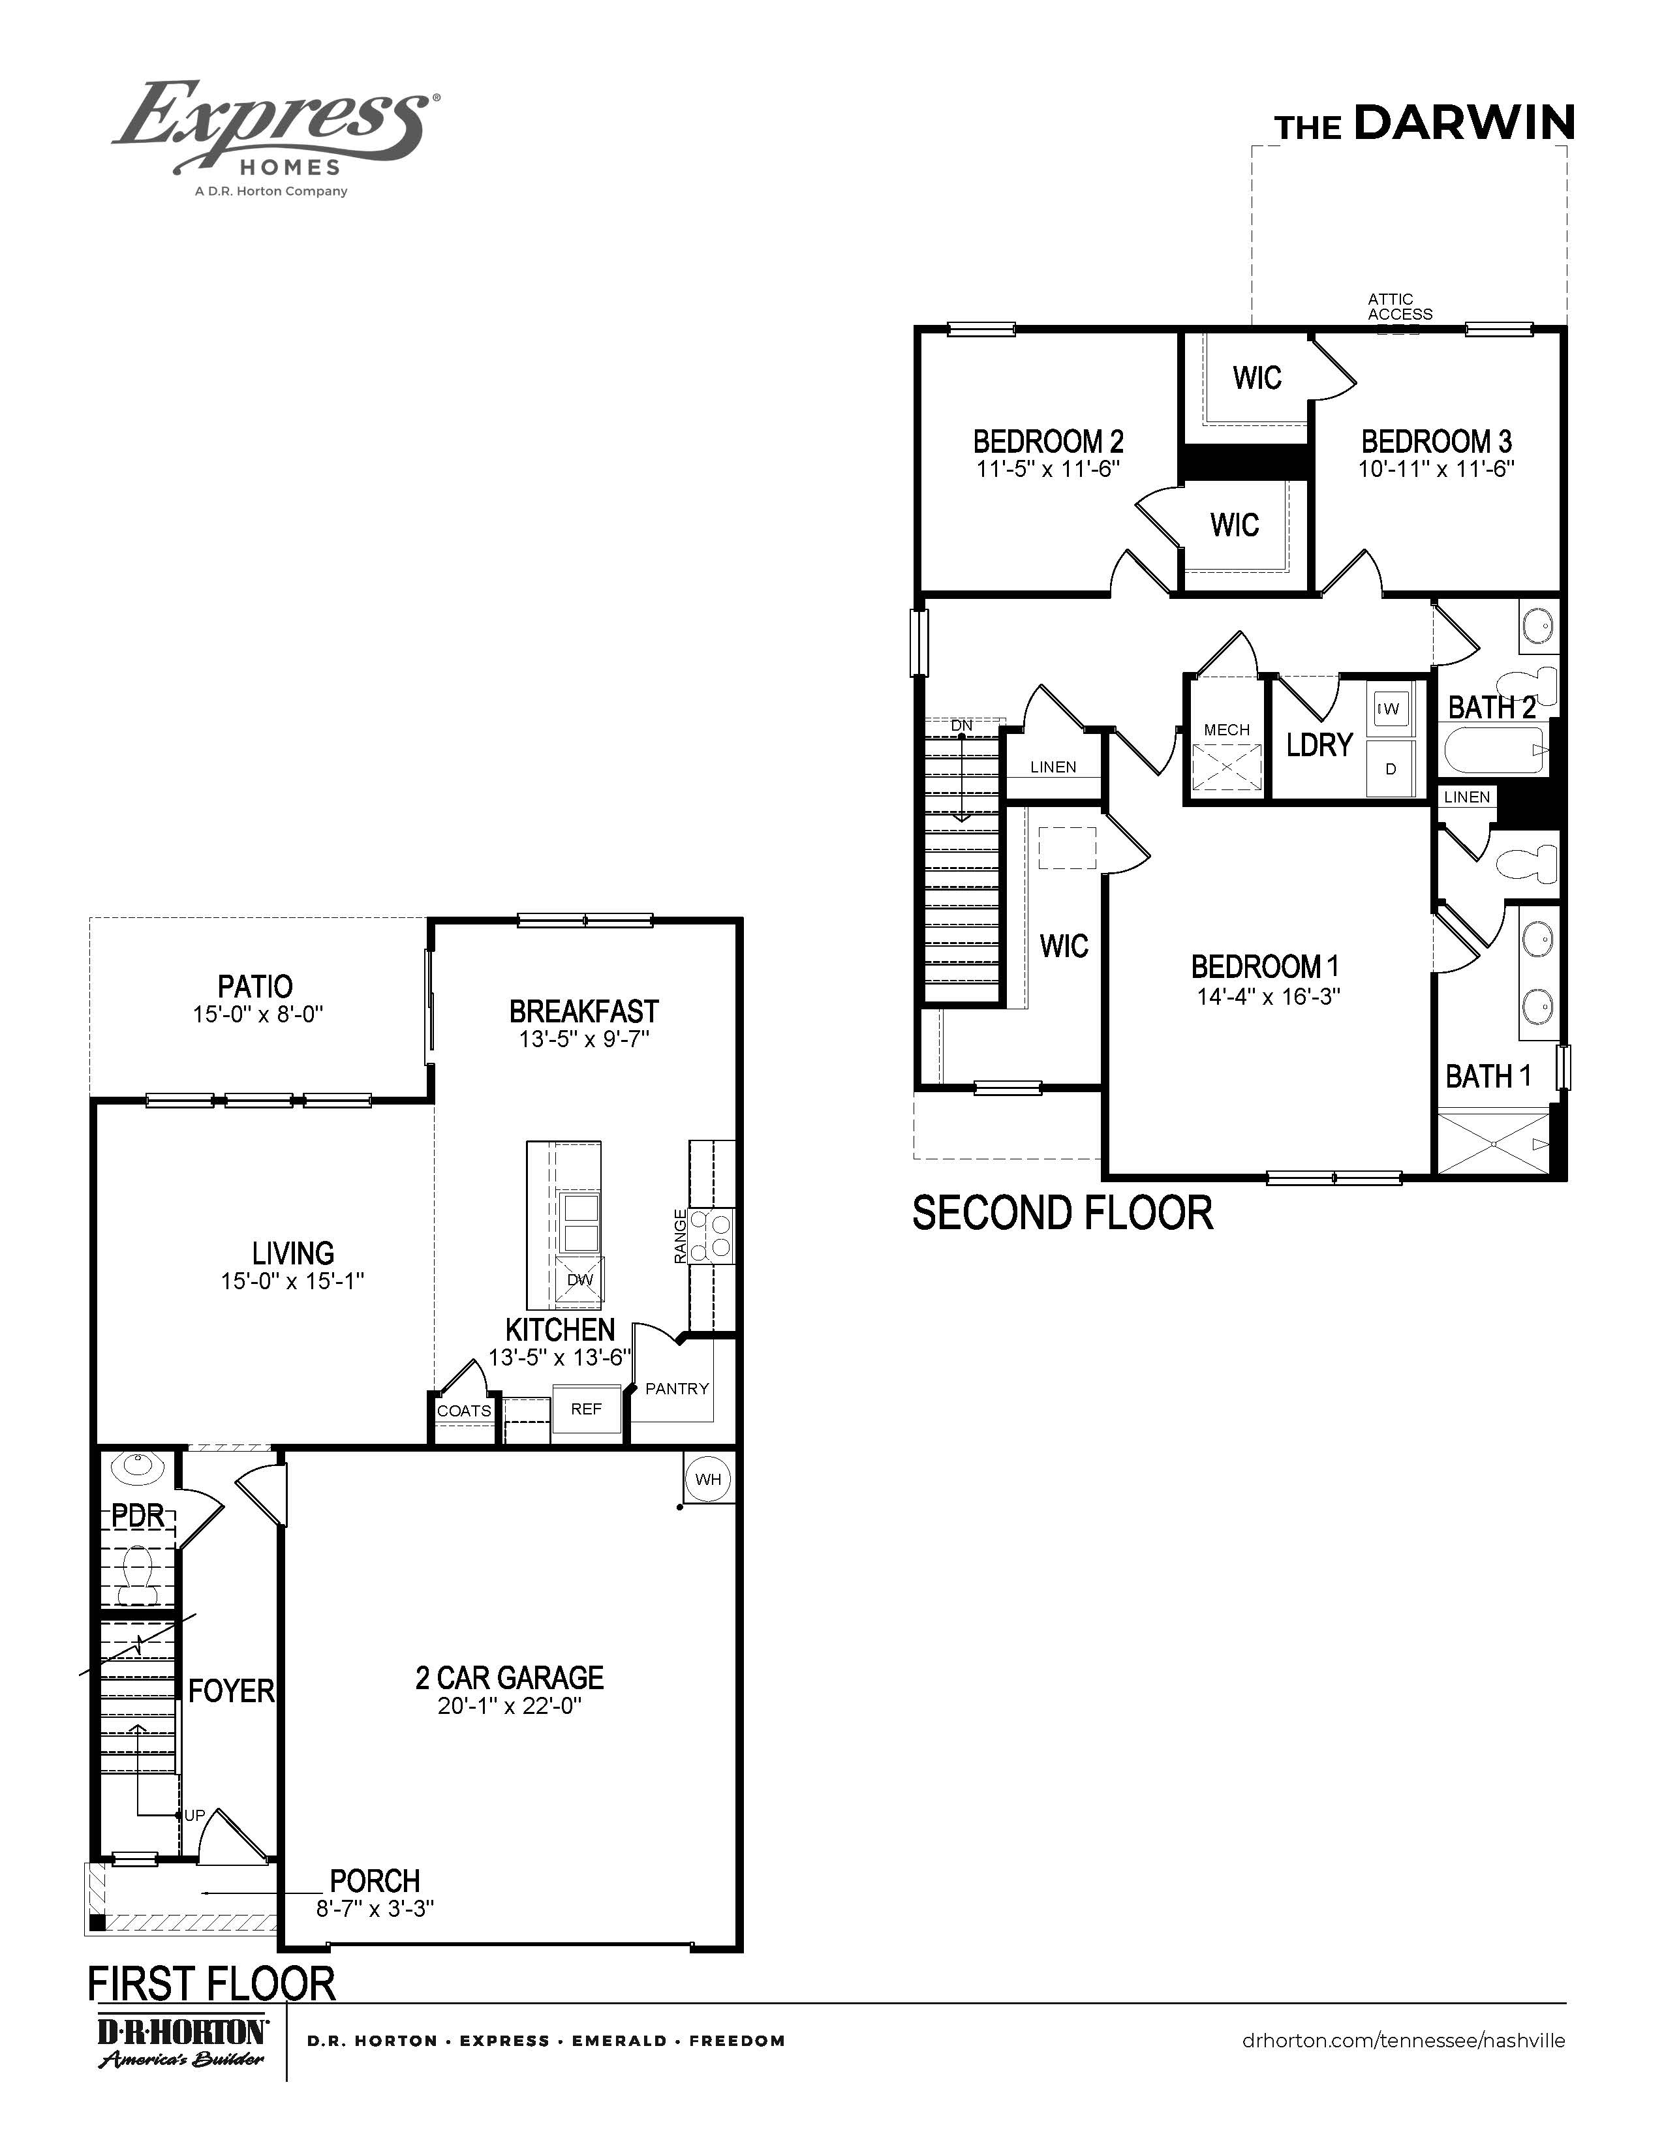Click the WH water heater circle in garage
[708, 1478]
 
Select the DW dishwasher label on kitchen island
[579, 1279]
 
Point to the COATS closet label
[463, 1411]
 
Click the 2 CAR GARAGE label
[509, 1677]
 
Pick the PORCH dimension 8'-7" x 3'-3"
[375, 1908]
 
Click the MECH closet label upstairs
[1226, 729]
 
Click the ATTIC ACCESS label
[1399, 307]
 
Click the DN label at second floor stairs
[961, 725]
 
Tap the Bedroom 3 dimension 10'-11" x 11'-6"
[1436, 469]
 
